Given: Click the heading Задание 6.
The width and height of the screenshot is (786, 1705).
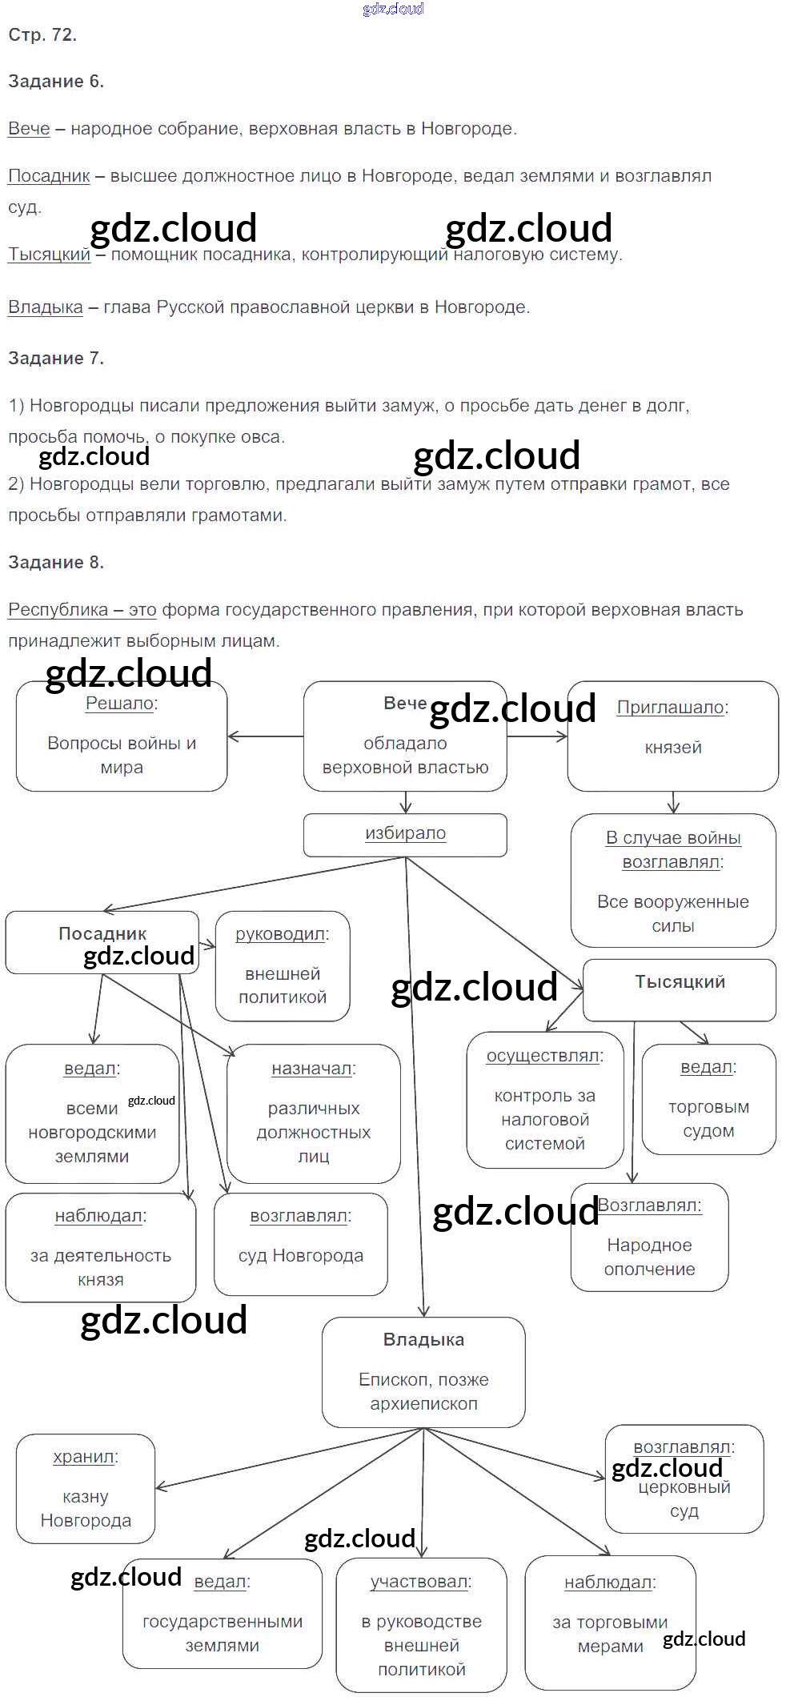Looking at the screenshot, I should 56,81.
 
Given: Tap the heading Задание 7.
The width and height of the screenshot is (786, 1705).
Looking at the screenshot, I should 56,358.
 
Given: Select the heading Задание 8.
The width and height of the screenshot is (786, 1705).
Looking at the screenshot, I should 56,562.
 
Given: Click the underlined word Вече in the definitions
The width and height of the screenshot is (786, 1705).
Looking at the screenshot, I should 29,128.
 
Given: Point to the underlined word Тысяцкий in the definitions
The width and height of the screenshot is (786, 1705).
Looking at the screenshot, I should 49,254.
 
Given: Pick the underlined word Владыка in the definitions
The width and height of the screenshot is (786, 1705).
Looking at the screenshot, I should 45,307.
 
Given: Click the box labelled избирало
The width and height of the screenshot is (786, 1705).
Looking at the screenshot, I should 405,834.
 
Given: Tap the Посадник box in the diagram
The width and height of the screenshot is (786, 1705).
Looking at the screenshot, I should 102,941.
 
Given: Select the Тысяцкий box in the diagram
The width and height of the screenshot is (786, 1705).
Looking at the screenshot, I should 680,989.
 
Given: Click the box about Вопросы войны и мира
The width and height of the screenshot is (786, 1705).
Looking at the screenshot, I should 122,736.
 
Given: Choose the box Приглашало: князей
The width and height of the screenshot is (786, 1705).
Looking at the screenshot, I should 672,736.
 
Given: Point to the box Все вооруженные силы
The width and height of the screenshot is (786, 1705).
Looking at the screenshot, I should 672,881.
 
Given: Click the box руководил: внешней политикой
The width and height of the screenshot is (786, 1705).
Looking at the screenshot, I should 283,965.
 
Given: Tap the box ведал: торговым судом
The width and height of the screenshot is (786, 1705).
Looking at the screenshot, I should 708,1099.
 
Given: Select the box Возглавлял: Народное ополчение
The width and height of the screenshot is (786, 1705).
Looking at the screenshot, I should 649,1237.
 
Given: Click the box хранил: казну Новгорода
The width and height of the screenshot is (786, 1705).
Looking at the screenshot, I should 86,1488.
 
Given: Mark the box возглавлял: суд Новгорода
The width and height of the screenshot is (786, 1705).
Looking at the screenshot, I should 300,1244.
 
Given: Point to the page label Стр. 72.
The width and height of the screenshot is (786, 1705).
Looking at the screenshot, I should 42,34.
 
